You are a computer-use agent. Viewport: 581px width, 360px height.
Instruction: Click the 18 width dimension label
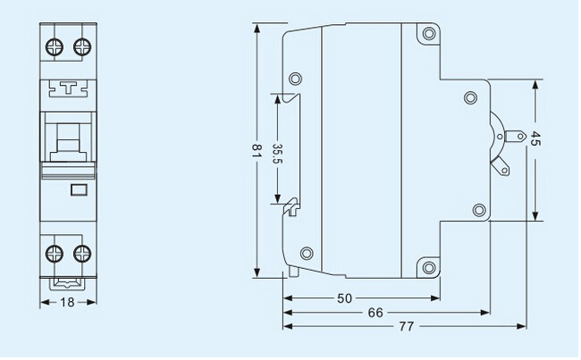pyautogui.click(x=67, y=302)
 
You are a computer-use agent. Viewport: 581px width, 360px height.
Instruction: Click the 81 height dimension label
pyautogui.click(x=257, y=151)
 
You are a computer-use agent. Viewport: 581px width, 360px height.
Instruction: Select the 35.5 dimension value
pyautogui.click(x=277, y=154)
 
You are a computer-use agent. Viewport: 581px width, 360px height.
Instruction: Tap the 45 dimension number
pyautogui.click(x=535, y=138)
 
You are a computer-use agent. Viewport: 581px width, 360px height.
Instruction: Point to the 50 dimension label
pyautogui.click(x=345, y=298)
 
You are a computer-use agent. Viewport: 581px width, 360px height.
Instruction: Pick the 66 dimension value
pyautogui.click(x=375, y=313)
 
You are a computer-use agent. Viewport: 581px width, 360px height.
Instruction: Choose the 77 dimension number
pyautogui.click(x=407, y=326)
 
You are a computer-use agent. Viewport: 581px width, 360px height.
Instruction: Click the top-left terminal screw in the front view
pyautogui.click(x=55, y=47)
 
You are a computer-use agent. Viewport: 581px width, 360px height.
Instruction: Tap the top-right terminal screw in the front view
pyautogui.click(x=82, y=47)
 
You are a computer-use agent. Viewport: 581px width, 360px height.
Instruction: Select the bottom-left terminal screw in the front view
pyautogui.click(x=55, y=254)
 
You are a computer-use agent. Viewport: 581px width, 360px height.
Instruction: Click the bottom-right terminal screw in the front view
pyautogui.click(x=82, y=254)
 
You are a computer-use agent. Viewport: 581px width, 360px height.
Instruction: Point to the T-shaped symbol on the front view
pyautogui.click(x=68, y=88)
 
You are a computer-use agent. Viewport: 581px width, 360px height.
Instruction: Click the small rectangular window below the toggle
pyautogui.click(x=79, y=189)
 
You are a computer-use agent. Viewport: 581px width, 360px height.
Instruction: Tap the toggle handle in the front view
pyautogui.click(x=68, y=143)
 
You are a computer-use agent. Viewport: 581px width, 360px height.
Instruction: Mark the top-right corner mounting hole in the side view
pyautogui.click(x=429, y=34)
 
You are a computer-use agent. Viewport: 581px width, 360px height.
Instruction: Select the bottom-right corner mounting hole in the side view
pyautogui.click(x=429, y=267)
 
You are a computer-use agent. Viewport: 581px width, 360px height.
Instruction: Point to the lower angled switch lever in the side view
pyautogui.click(x=501, y=166)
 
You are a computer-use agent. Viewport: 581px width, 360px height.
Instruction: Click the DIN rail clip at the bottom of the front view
pyautogui.click(x=68, y=284)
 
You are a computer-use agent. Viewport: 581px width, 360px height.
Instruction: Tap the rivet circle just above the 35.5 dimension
pyautogui.click(x=295, y=79)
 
